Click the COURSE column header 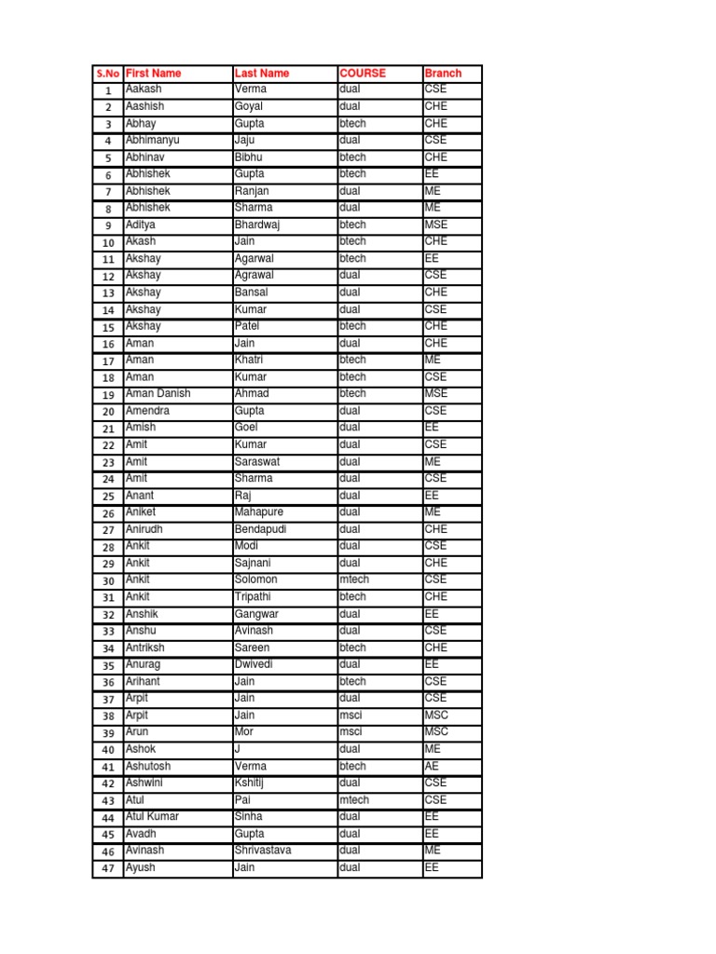363,73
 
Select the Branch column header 443,73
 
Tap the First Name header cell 153,73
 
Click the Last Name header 262,73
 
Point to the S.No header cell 108,73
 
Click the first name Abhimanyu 152,141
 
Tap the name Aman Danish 158,394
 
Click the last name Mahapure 259,512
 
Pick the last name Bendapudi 261,529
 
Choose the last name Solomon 255,579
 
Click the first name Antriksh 149,647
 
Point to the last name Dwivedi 256,664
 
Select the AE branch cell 432,766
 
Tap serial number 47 108,868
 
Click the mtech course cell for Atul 354,800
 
